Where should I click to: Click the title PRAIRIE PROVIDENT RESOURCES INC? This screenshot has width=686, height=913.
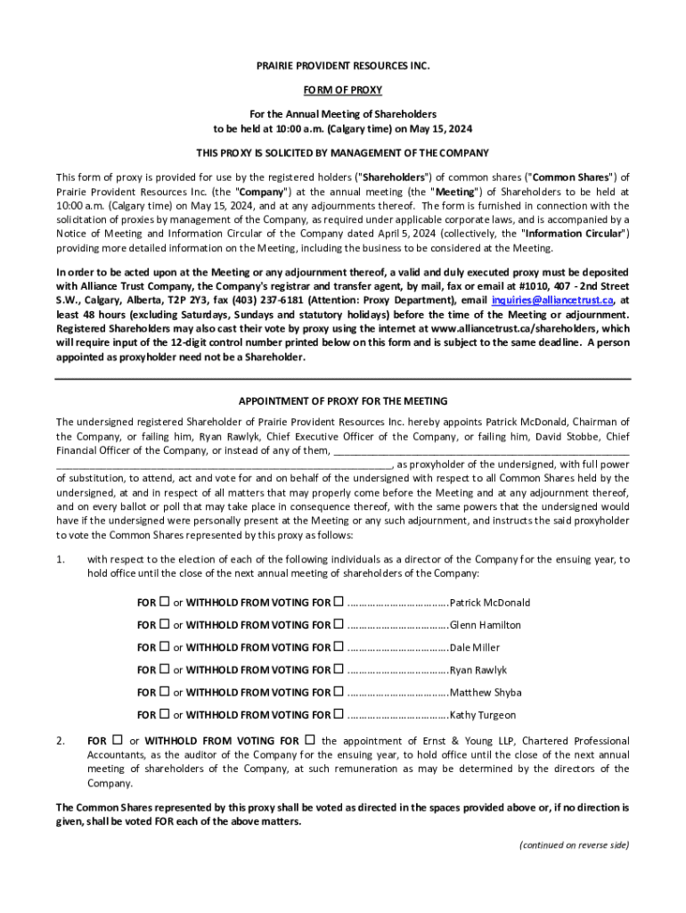point(342,67)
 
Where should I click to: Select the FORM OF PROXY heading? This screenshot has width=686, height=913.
point(342,90)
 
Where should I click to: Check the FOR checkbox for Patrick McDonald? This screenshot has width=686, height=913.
point(164,602)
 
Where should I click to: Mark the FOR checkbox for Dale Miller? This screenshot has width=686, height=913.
point(164,647)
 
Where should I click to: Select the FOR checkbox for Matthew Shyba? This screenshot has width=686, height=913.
point(164,692)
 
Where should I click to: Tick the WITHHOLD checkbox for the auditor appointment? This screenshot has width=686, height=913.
point(310,740)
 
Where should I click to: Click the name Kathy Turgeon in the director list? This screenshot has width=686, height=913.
point(483,715)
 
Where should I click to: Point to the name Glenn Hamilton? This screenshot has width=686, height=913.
point(486,625)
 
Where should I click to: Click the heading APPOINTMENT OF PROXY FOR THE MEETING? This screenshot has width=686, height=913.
point(342,401)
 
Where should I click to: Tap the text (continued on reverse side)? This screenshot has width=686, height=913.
point(575,845)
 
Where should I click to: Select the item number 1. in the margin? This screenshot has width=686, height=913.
point(61,559)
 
